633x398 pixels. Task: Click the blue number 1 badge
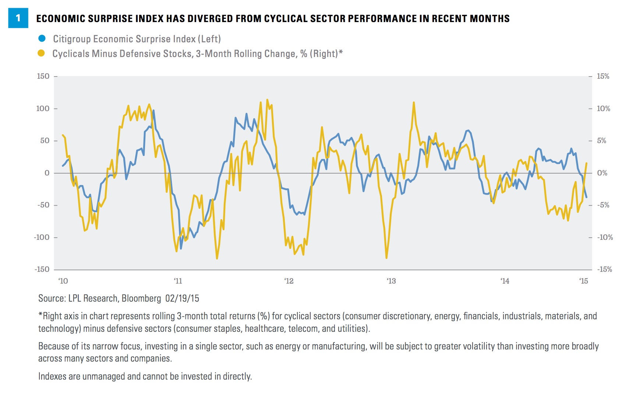point(18,18)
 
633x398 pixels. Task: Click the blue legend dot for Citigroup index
point(42,38)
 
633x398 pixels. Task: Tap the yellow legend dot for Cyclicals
point(41,53)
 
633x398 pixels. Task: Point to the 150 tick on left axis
point(43,76)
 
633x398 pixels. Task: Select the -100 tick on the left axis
point(42,237)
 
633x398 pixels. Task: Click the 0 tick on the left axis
point(47,173)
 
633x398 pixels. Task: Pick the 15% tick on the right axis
point(603,76)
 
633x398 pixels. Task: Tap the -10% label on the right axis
point(605,237)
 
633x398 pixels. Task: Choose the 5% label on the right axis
point(601,141)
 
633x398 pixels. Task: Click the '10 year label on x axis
point(63,281)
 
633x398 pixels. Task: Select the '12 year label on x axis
point(289,281)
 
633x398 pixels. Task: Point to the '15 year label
point(584,281)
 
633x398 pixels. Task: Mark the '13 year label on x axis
point(391,281)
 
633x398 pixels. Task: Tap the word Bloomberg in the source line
point(141,298)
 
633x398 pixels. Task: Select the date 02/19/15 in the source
point(182,298)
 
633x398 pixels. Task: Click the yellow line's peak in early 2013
point(414,103)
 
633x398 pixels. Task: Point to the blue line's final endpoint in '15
point(587,198)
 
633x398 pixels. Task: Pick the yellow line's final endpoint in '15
point(587,163)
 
